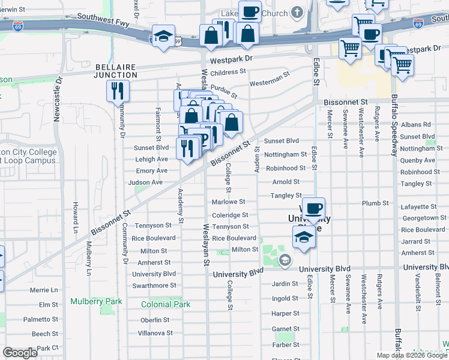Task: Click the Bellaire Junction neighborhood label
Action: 116,70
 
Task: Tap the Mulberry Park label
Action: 96,301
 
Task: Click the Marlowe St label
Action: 228,202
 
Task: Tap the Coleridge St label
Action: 229,215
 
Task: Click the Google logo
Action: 20,353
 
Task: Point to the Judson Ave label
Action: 141,182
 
